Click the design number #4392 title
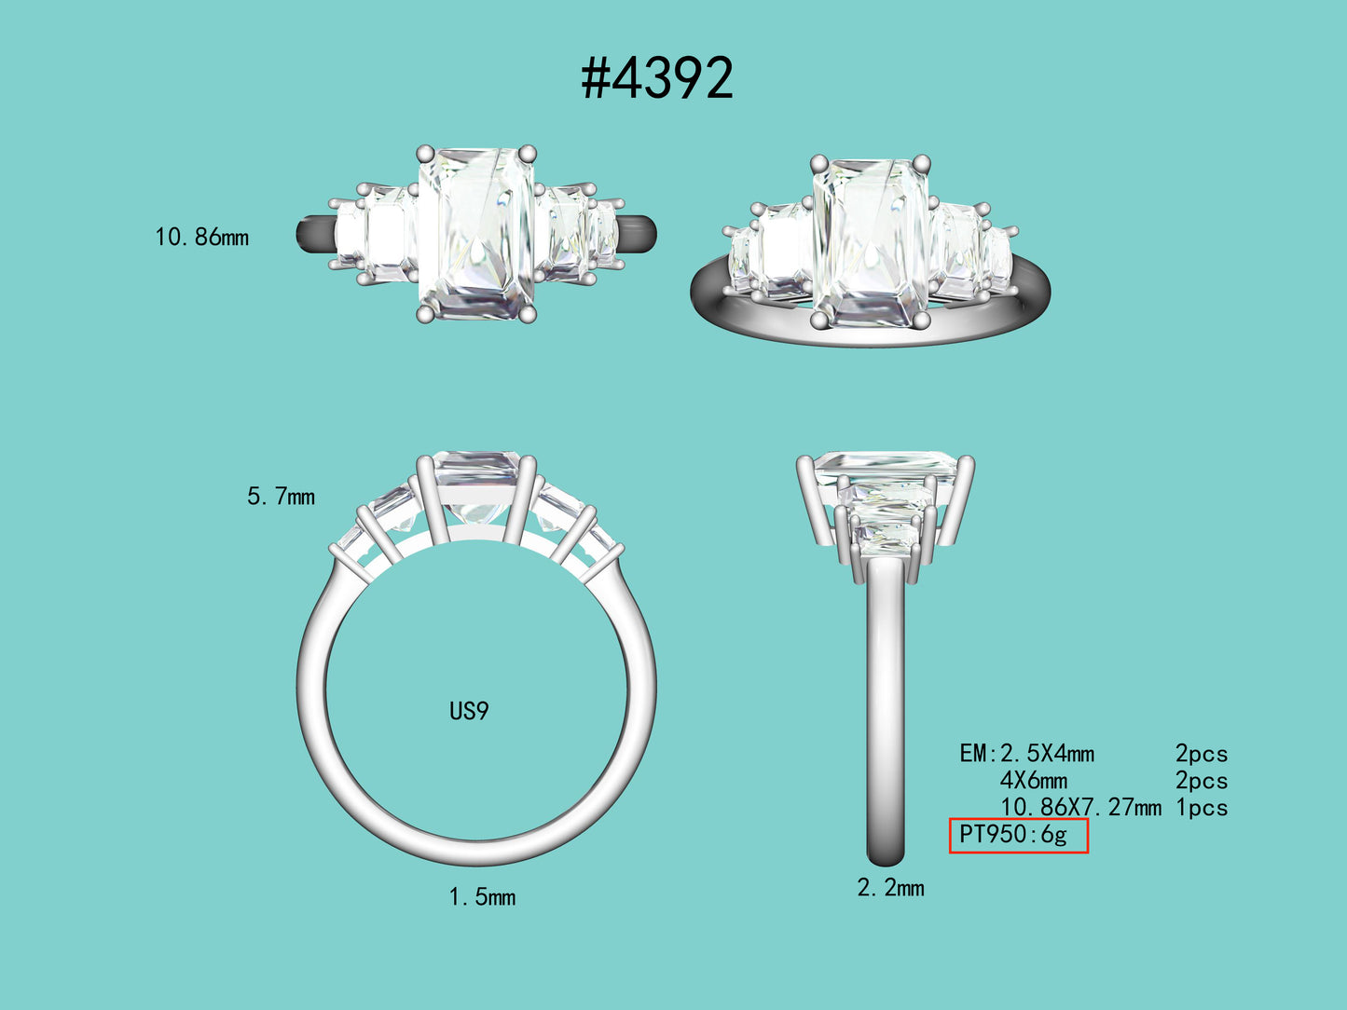click(657, 78)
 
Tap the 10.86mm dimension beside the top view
click(202, 238)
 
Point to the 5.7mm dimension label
click(282, 496)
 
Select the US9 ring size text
click(470, 711)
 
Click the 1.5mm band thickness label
click(482, 897)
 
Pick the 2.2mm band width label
click(890, 888)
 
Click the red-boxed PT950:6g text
click(1013, 835)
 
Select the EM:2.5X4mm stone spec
click(1026, 753)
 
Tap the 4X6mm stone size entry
click(1034, 781)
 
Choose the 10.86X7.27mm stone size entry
click(1081, 808)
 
